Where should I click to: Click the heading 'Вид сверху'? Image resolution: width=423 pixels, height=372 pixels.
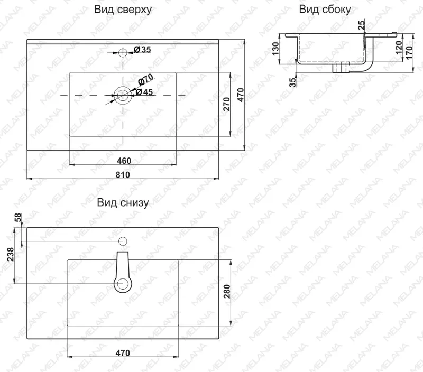123,10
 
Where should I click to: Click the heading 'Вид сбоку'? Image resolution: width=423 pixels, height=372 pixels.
325,10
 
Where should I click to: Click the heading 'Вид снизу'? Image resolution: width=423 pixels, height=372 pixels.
123,202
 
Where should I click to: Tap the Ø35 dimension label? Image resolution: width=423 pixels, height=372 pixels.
142,50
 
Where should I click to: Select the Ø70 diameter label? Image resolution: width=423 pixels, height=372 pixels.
146,79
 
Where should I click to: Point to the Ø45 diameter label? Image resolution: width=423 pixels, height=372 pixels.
144,92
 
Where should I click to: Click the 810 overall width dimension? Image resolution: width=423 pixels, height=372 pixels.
123,175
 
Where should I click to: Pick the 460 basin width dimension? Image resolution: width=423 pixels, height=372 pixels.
124,161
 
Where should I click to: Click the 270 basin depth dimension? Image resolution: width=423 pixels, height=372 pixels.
226,104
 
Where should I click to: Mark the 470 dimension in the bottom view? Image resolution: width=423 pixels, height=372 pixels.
123,353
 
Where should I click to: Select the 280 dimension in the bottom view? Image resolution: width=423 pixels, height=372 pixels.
227,291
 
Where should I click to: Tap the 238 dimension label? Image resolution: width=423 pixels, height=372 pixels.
10,254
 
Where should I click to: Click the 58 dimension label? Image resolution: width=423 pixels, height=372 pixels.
17,218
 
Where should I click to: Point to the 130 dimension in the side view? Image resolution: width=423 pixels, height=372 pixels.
275,49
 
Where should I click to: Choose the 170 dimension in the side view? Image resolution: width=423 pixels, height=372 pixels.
409,53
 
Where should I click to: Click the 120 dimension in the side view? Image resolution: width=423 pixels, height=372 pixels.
399,48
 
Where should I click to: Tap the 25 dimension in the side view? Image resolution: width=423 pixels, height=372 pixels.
361,24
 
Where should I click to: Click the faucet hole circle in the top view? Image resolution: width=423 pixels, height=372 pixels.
123,52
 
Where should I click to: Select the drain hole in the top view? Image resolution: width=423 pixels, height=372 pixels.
123,95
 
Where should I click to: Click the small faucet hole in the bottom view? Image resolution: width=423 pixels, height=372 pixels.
123,241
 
